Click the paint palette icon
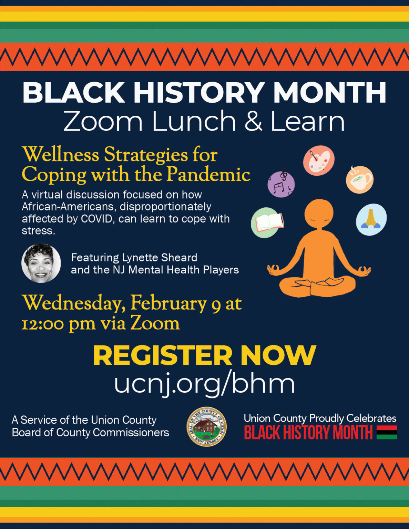click(319, 160)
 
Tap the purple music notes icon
click(281, 184)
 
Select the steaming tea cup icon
click(359, 179)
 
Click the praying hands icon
click(371, 219)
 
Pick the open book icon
click(267, 222)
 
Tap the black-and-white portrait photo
click(41, 263)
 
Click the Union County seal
click(206, 426)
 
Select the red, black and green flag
click(387, 432)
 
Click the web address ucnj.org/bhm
click(205, 383)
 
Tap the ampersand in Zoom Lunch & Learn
click(253, 122)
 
